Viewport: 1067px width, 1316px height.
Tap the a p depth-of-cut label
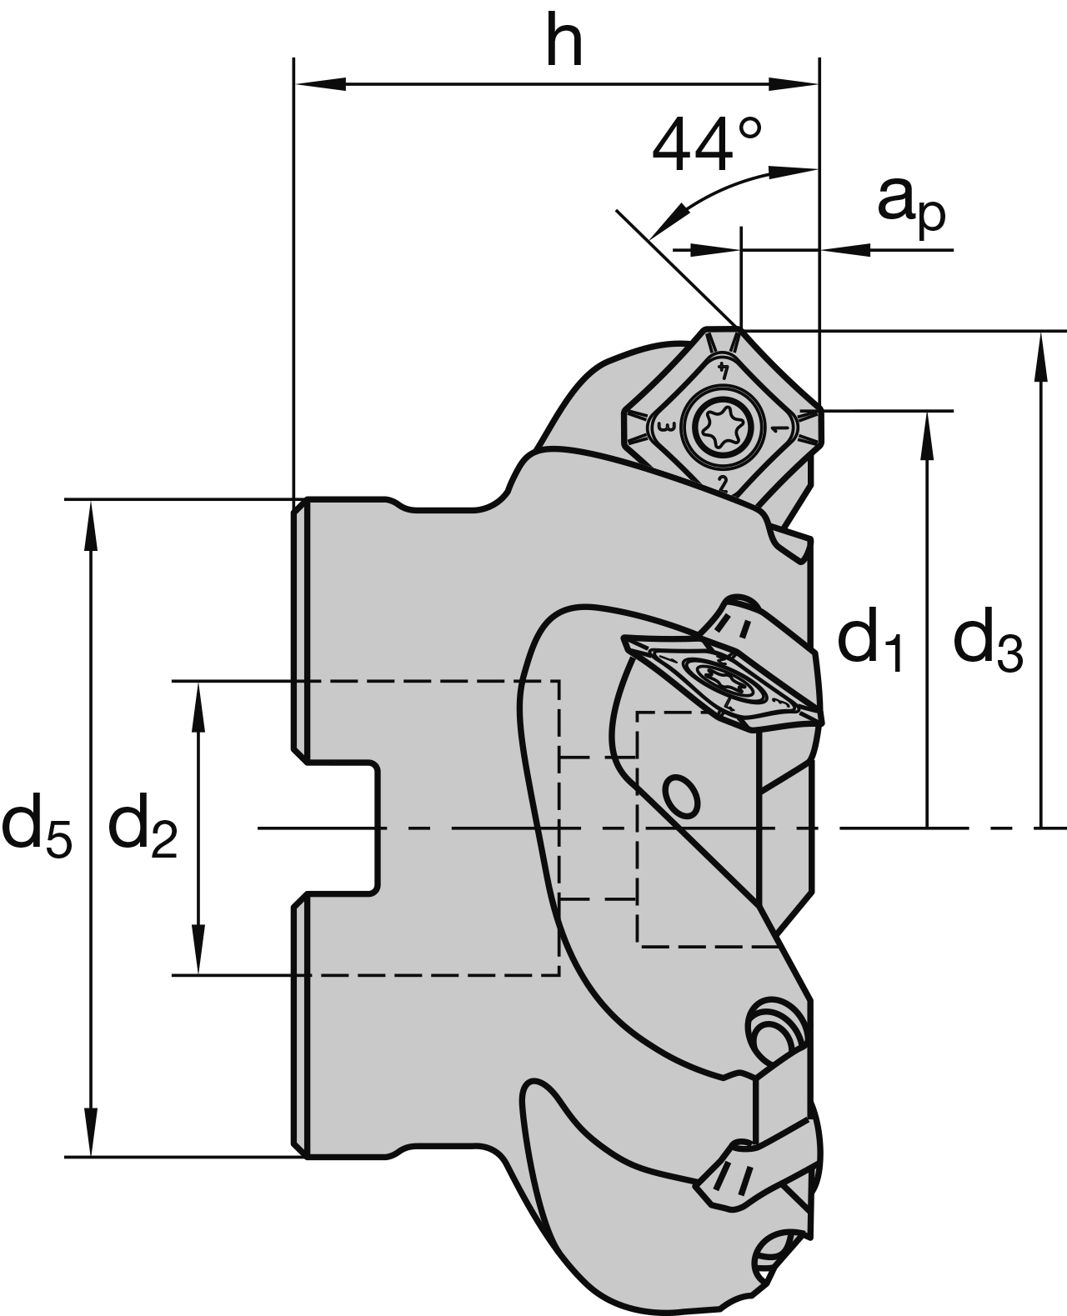pyautogui.click(x=911, y=203)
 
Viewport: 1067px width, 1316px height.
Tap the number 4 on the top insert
pyautogui.click(x=724, y=369)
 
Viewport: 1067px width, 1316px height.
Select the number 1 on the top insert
pyautogui.click(x=778, y=428)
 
